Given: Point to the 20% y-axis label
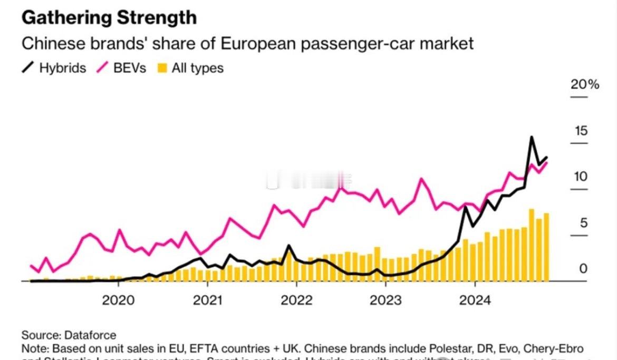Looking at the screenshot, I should click(x=585, y=84).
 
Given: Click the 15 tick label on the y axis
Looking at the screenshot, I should click(x=581, y=131).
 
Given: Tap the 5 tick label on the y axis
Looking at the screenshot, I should click(x=583, y=223).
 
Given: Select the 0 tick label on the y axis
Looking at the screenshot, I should click(x=583, y=269).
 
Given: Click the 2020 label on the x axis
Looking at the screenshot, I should click(x=118, y=300).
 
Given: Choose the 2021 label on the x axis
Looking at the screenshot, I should click(x=207, y=300).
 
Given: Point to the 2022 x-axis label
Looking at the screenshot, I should click(x=296, y=300).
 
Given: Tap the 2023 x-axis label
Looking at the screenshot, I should click(x=385, y=300).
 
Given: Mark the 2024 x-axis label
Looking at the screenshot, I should click(x=475, y=300).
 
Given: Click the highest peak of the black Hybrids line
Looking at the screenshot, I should click(x=532, y=138).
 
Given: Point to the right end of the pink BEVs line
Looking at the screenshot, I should click(x=546, y=162).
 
